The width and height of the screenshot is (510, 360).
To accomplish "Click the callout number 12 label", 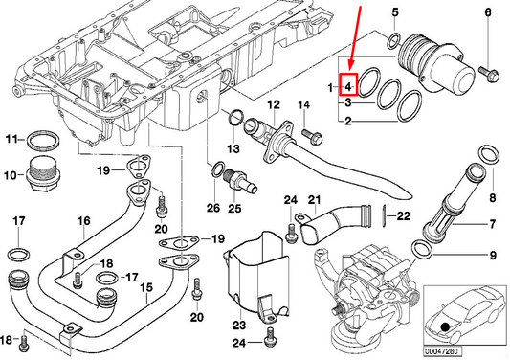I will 274,103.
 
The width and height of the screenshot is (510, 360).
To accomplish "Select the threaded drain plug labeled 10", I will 41,177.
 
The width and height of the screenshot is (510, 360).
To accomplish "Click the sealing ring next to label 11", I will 41,142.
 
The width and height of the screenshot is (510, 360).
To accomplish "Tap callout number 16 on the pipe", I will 83,221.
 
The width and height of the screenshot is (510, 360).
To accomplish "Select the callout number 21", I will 312,198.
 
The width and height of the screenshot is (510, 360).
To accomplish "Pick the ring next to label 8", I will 486,157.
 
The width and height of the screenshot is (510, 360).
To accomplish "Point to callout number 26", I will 212,208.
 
